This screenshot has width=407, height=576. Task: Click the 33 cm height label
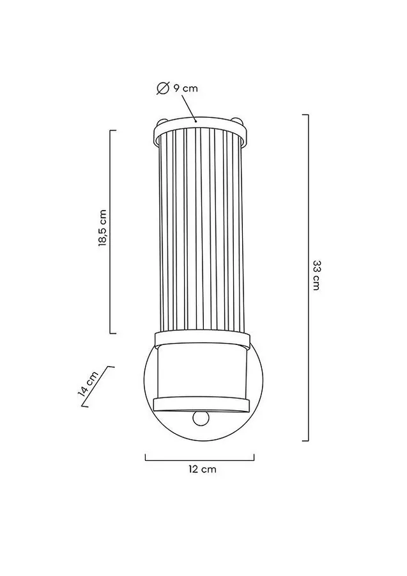pyautogui.click(x=316, y=275)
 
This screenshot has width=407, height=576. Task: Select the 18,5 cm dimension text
pyautogui.click(x=103, y=228)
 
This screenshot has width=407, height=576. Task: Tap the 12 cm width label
pyautogui.click(x=203, y=469)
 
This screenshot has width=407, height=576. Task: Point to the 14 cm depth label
pyautogui.click(x=88, y=383)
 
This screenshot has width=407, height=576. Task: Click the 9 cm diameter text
pyautogui.click(x=185, y=88)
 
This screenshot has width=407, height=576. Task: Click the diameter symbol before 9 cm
pyautogui.click(x=162, y=88)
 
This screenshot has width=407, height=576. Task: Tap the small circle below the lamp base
pyautogui.click(x=200, y=418)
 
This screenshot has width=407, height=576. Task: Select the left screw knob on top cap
pyautogui.click(x=162, y=121)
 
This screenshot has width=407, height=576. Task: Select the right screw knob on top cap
pyautogui.click(x=237, y=121)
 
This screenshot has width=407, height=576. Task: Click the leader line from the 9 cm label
pyautogui.click(x=188, y=108)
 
